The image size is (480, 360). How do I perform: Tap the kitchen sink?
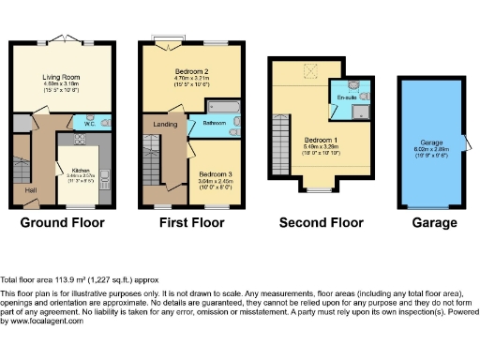click(x=108, y=173)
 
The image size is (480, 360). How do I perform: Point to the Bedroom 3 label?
click(x=217, y=173)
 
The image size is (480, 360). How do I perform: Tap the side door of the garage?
click(x=469, y=143)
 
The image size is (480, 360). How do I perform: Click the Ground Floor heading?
click(x=63, y=223)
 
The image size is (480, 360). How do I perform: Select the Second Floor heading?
click(x=321, y=223)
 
